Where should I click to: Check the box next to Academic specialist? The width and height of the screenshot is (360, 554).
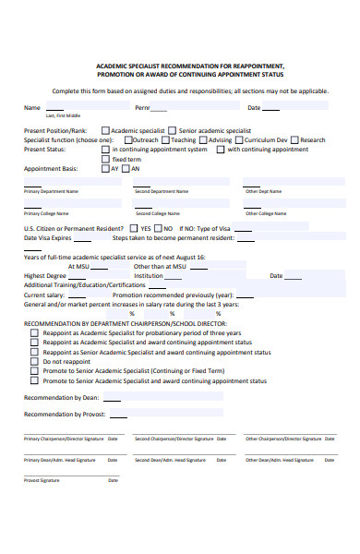(105, 131)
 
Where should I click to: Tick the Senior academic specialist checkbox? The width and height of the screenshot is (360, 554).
(172, 131)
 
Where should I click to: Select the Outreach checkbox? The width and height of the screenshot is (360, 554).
(126, 140)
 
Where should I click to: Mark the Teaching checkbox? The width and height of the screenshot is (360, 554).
(165, 140)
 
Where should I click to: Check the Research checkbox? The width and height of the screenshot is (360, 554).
(294, 140)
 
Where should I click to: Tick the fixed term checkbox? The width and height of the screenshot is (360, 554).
(105, 159)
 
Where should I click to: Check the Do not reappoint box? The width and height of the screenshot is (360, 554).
(34, 361)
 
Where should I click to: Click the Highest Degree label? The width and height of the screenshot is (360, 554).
(44, 275)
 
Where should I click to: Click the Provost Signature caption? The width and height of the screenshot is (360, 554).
(42, 480)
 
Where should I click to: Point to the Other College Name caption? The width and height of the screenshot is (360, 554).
(266, 213)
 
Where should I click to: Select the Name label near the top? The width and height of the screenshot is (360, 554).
(31, 107)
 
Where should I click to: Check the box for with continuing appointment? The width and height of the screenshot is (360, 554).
(221, 150)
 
